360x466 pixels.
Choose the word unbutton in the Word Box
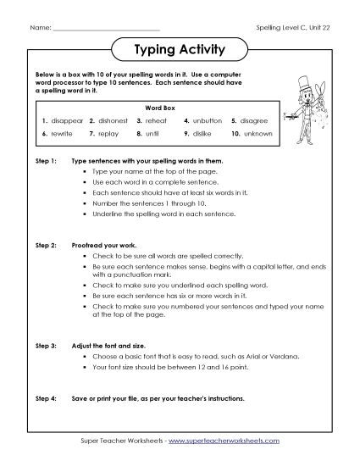pos(204,121)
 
